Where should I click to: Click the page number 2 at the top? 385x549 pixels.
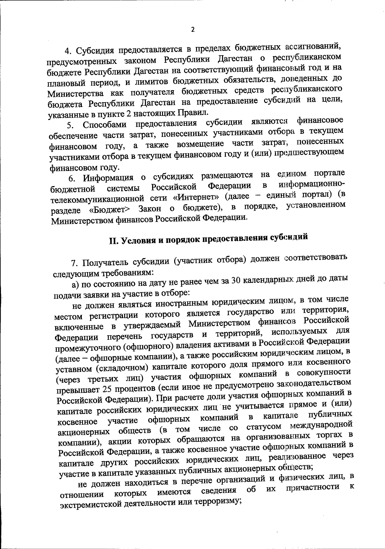pyautogui.click(x=193, y=30)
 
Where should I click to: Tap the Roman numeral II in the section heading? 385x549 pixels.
pyautogui.click(x=114, y=242)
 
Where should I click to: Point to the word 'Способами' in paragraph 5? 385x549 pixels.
pyautogui.click(x=103, y=124)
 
